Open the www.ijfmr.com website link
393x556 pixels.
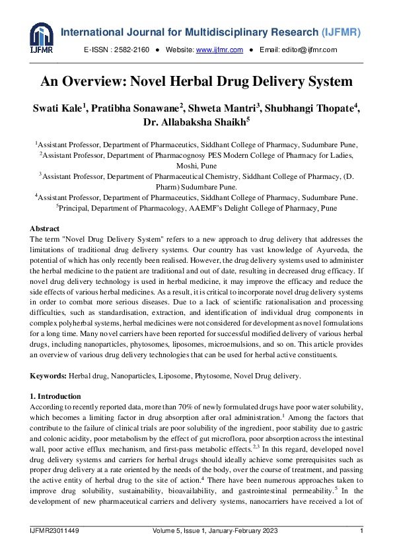(x=219, y=50)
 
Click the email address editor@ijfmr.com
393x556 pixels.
(x=307, y=50)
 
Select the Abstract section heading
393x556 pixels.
(x=46, y=228)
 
